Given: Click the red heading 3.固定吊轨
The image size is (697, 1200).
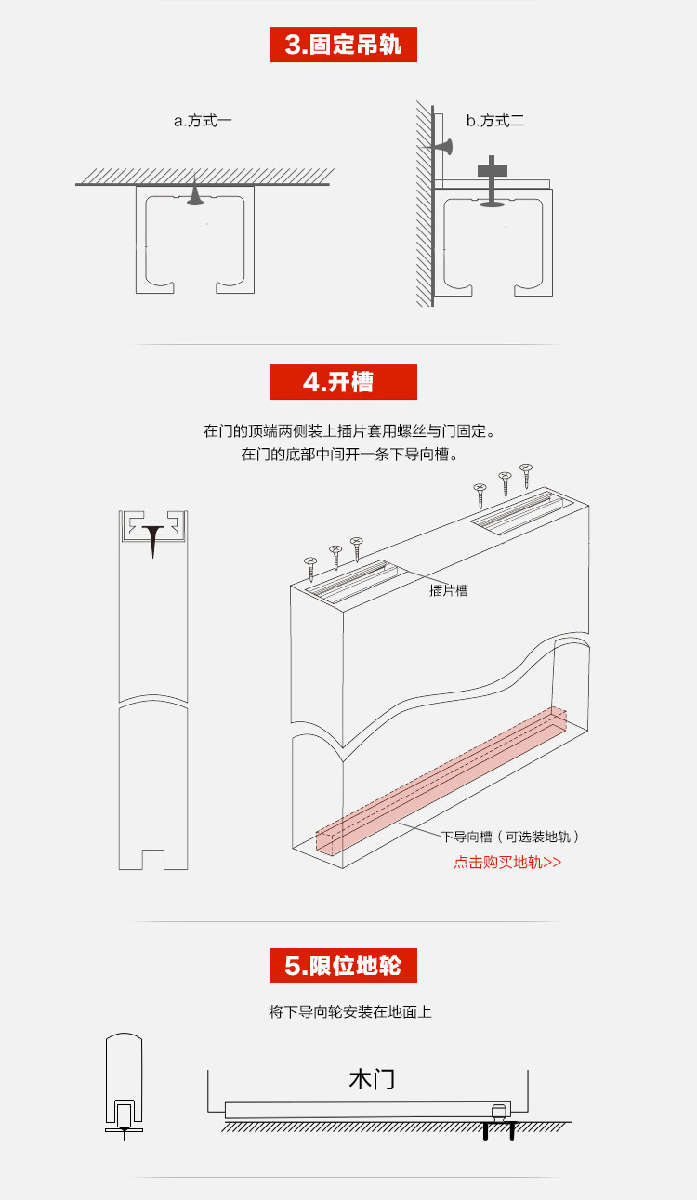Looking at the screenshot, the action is point(343,45).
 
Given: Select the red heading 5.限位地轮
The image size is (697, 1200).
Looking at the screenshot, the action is point(343,966).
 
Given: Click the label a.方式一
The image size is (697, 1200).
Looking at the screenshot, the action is point(203,121).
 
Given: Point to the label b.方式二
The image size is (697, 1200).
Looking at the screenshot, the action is point(495,121).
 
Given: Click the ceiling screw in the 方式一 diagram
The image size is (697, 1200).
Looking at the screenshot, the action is point(195,192).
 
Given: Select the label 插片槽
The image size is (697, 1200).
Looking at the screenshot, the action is point(448,590).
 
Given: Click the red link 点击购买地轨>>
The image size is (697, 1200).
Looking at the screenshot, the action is point(507,862).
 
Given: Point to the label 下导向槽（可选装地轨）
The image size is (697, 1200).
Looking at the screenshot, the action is point(510,837).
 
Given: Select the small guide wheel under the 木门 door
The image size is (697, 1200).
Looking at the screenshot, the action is point(498,1112).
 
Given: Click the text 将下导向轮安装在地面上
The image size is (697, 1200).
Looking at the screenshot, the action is point(349,1011).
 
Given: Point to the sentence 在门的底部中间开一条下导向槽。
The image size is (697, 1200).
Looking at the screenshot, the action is point(349,455).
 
